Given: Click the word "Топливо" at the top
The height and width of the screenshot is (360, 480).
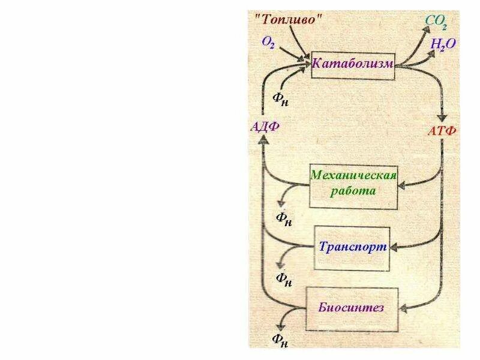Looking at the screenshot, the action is [x=289, y=18].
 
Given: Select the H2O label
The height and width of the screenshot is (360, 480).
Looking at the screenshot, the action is [x=443, y=44].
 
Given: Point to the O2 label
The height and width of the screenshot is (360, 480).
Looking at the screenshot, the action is [x=268, y=42].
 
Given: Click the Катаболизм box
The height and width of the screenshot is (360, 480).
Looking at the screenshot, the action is [x=353, y=63].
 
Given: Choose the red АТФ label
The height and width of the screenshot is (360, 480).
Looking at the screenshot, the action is [x=442, y=131].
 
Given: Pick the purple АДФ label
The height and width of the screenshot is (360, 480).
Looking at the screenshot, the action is [x=265, y=126].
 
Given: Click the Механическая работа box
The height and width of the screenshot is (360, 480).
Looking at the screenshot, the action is [x=353, y=183].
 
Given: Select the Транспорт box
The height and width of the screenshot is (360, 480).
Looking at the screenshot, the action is [x=353, y=247].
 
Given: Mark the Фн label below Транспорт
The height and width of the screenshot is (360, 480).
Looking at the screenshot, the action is [x=284, y=279].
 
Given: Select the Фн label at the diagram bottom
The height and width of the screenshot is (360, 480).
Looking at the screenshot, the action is [x=280, y=341].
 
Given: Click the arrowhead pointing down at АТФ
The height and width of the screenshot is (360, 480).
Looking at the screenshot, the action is [x=443, y=118].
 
